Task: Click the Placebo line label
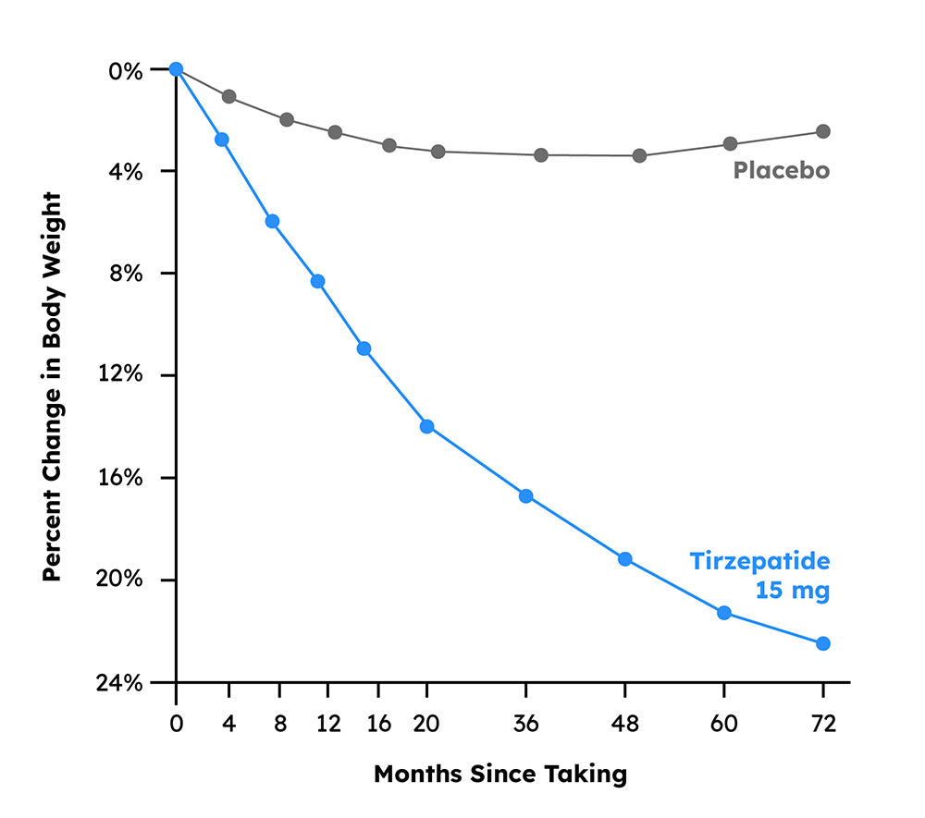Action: [781, 171]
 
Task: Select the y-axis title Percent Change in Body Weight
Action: [53, 386]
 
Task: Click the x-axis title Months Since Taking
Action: [499, 774]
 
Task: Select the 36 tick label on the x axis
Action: [525, 723]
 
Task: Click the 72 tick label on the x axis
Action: [822, 723]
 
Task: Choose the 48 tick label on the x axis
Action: [624, 723]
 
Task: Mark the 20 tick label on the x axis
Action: [426, 723]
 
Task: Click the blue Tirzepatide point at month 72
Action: [822, 643]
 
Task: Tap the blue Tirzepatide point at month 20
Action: [426, 426]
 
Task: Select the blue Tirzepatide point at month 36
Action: [525, 496]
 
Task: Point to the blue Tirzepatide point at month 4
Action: [222, 140]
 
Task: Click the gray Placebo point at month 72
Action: [822, 131]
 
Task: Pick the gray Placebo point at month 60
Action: [730, 143]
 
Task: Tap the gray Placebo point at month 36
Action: [541, 155]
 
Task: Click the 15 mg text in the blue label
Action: [792, 591]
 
